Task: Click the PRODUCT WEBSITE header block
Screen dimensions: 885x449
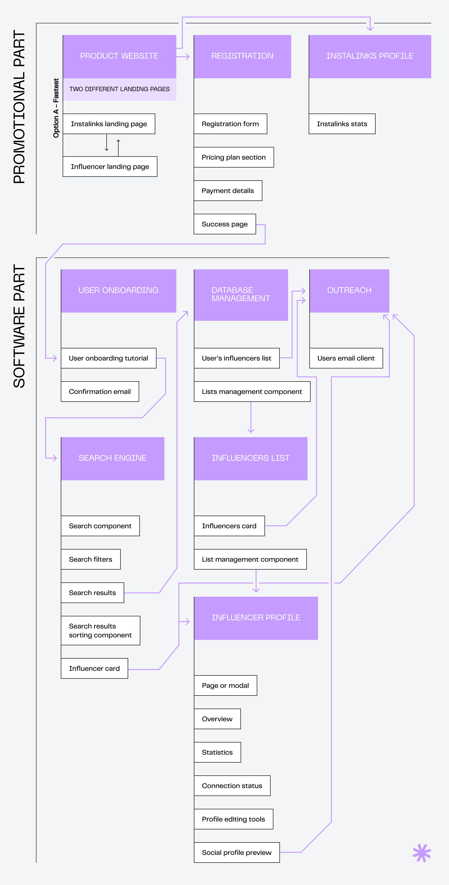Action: (119, 56)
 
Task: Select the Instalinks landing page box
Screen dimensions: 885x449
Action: (109, 124)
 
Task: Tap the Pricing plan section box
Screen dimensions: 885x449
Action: (233, 157)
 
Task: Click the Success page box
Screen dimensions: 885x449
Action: (224, 224)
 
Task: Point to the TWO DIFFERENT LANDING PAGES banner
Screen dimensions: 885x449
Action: (119, 89)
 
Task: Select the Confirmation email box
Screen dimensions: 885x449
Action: (100, 392)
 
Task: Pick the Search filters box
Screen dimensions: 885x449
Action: (91, 559)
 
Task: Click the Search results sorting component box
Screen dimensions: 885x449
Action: (100, 630)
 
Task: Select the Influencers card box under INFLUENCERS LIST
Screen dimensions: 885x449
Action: (229, 526)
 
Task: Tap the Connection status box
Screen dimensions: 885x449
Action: (232, 786)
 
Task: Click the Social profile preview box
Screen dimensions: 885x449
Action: (236, 852)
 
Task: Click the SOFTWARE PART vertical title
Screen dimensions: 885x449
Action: (19, 326)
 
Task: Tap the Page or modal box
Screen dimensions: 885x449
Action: (225, 685)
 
